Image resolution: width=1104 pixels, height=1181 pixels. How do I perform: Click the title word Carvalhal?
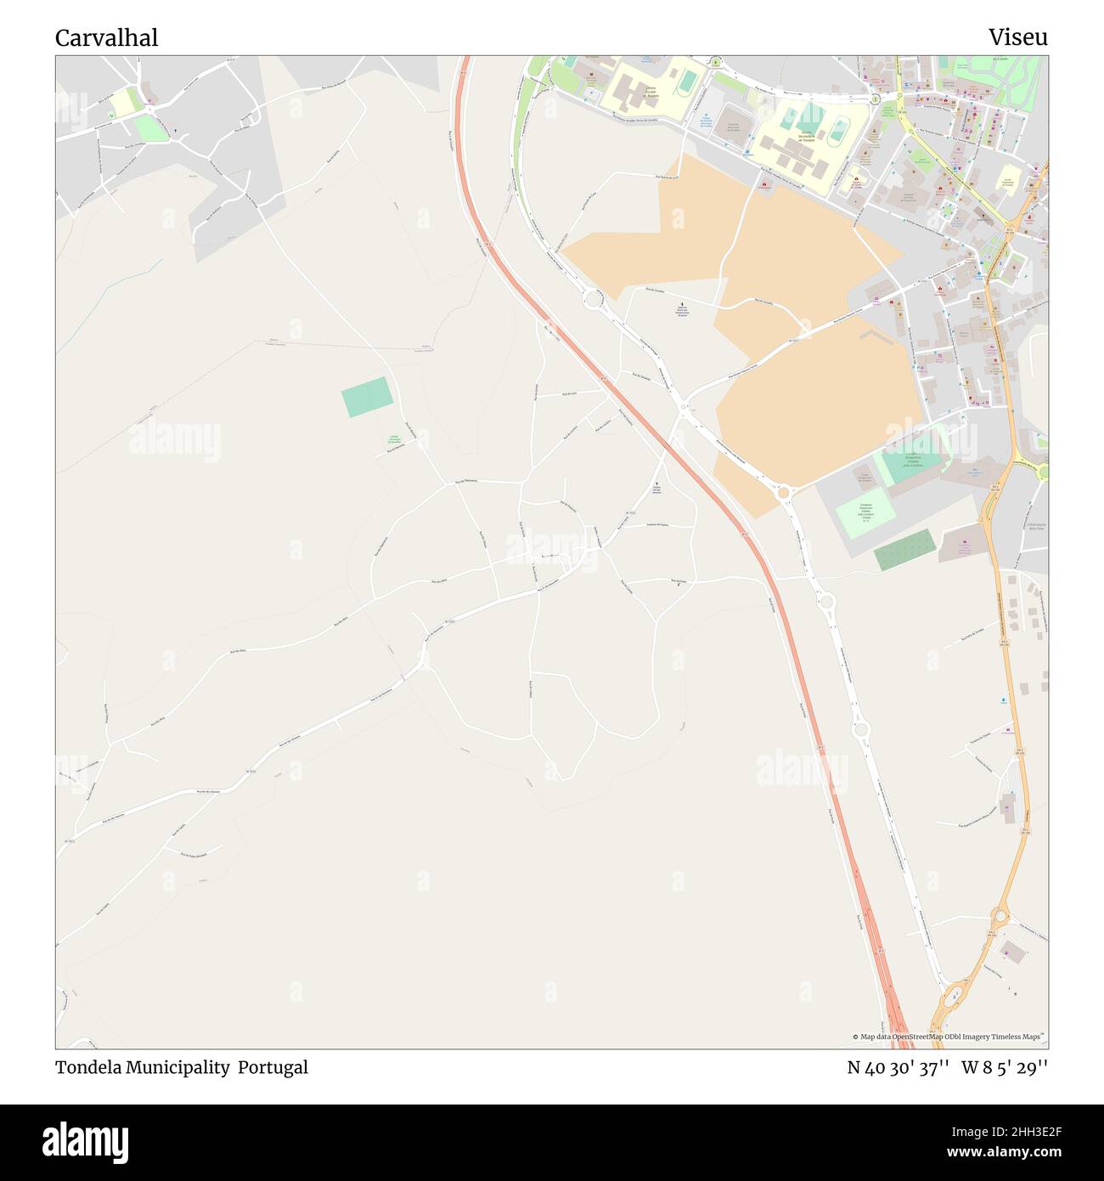(x=106, y=38)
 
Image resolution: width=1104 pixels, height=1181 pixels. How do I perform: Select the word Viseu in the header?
(x=1017, y=37)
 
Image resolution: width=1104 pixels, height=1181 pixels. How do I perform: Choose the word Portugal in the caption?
(x=273, y=1067)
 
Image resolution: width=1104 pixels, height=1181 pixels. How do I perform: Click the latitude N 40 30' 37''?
(x=898, y=1067)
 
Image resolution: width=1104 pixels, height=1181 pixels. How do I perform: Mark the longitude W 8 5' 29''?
(x=1005, y=1067)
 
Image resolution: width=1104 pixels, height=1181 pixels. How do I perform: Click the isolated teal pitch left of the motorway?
(x=368, y=397)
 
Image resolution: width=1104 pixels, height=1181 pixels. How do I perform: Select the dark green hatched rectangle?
(x=904, y=550)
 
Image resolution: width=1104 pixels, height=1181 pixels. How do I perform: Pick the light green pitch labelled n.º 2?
(x=865, y=512)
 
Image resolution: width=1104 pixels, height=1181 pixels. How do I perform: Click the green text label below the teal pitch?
(x=394, y=439)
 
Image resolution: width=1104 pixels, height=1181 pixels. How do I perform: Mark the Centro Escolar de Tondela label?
(x=651, y=93)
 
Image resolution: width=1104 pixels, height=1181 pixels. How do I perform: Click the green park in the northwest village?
(x=151, y=127)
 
